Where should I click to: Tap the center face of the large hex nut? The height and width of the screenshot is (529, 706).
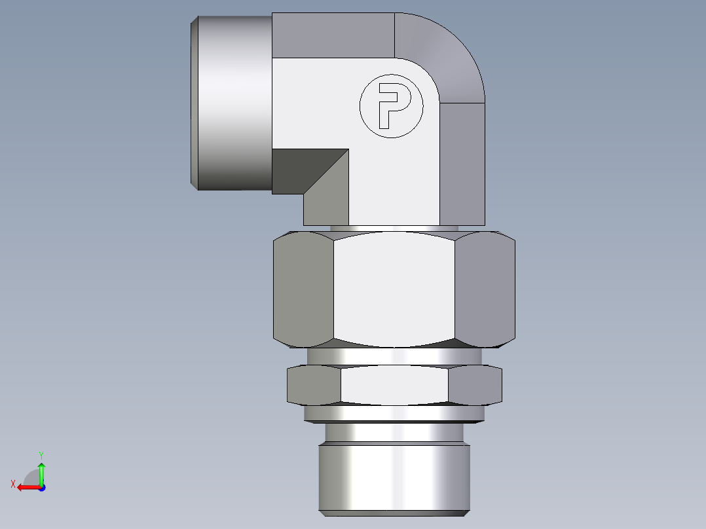tap(394, 288)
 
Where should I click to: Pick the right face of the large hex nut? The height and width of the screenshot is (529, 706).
tap(485, 288)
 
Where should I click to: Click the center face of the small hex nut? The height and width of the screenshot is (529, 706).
tap(394, 384)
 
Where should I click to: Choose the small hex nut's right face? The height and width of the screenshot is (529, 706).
tap(475, 384)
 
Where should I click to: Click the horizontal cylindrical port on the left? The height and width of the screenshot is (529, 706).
tap(232, 103)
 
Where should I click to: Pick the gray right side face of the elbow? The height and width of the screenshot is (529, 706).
tap(462, 164)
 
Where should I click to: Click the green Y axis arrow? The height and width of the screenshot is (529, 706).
tap(41, 471)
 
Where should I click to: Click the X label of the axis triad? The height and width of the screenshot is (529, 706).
tap(12, 484)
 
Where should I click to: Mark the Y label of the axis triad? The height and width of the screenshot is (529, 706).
tap(41, 454)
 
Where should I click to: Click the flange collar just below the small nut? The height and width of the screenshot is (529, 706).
tap(394, 413)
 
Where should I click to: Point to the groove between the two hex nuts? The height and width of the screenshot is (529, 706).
tap(394, 356)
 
